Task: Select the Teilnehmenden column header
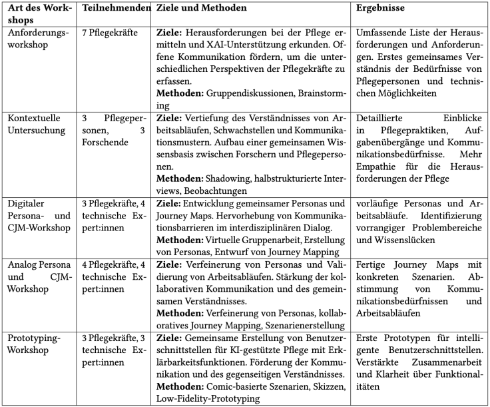[x=116, y=9]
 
